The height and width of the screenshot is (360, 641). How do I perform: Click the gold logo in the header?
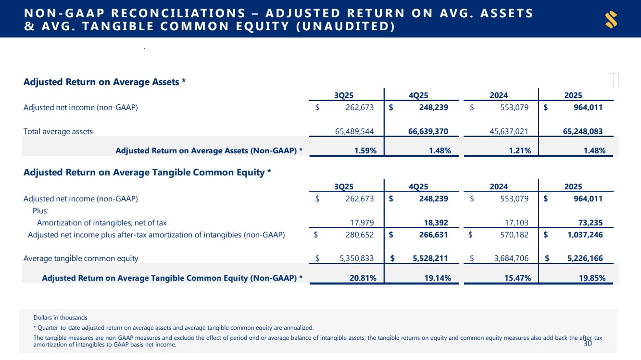[611, 19]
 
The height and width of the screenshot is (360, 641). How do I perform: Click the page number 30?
[587, 344]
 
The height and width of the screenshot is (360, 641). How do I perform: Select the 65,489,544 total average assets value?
[353, 131]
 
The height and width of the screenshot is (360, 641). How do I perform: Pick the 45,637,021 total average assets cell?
[508, 131]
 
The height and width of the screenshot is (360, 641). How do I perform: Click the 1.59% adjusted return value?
[365, 151]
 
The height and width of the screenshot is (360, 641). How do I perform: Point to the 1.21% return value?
[520, 151]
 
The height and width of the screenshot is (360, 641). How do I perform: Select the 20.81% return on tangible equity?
[363, 278]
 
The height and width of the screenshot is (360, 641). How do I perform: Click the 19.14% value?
[438, 278]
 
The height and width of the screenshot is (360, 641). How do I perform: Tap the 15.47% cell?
[517, 278]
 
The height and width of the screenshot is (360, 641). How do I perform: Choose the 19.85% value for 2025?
[592, 278]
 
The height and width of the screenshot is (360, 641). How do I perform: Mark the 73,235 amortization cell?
[589, 223]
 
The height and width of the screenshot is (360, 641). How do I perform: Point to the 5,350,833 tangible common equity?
[356, 259]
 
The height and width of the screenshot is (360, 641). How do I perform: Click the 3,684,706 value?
[511, 259]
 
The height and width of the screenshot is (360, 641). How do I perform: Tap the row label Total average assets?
[58, 131]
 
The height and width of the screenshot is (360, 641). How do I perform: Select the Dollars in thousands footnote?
[60, 318]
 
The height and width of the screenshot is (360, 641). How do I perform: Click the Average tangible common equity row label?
[81, 259]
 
